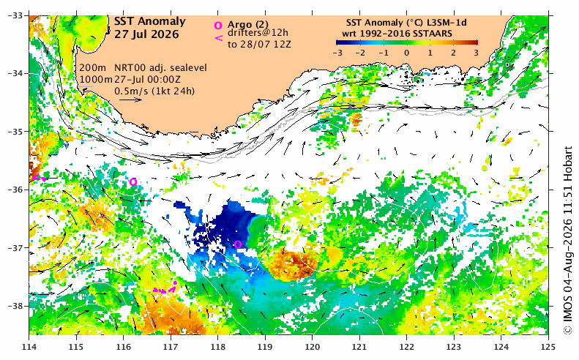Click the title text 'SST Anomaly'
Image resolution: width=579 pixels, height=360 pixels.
tap(149, 22)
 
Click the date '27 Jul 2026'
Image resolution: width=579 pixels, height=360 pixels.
tap(146, 34)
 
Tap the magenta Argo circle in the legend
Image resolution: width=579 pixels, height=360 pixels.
tap(218, 26)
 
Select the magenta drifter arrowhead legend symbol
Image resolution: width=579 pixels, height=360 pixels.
tap(219, 37)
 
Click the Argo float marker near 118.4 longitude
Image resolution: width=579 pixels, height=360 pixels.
tap(238, 244)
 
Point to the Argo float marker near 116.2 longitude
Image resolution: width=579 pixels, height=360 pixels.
tap(133, 181)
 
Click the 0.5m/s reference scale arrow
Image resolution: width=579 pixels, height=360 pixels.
tap(130, 100)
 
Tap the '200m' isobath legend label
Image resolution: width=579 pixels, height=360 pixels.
tap(92, 68)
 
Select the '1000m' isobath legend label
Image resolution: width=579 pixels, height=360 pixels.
tap(96, 79)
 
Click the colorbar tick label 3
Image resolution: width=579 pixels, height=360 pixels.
tap(476, 53)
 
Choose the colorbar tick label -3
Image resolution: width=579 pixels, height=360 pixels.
tap(337, 53)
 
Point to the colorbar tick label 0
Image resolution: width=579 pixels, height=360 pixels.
tap(406, 53)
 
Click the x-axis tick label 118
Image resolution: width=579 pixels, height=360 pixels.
tap(218, 347)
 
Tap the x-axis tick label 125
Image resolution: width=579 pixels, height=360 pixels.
tap(548, 347)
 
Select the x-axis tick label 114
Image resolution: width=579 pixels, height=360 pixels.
tap(29, 347)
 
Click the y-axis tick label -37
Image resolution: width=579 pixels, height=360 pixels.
tap(15, 248)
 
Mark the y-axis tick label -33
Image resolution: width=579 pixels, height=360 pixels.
tap(15, 15)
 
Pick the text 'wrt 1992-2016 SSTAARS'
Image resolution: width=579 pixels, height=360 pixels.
tap(397, 34)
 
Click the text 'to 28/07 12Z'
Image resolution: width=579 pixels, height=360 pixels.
tap(259, 45)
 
